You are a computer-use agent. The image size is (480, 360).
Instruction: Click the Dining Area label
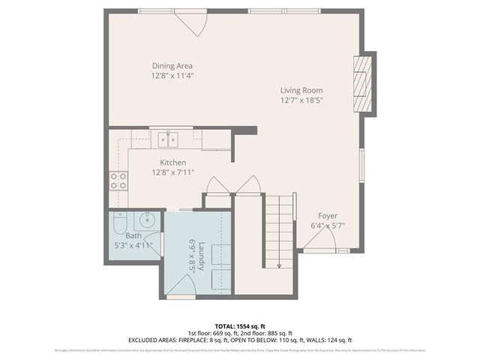click(x=172, y=65)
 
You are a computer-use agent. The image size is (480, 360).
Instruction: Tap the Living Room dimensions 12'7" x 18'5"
click(x=301, y=100)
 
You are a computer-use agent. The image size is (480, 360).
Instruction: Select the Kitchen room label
click(x=172, y=162)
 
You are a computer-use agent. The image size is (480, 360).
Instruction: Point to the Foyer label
click(x=328, y=214)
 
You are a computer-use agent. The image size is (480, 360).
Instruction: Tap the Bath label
click(x=122, y=235)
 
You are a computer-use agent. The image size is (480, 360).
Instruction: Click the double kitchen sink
click(x=167, y=138)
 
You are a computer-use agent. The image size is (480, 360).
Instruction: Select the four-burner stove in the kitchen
click(x=118, y=180)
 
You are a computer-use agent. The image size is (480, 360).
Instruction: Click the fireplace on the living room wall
click(x=363, y=82)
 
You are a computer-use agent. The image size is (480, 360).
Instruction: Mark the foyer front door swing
click(x=319, y=240)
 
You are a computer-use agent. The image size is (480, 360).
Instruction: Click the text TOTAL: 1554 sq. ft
click(x=239, y=326)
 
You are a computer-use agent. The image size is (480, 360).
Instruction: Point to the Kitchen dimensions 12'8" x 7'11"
click(x=172, y=172)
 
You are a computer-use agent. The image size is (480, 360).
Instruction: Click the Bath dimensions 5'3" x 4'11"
click(x=133, y=245)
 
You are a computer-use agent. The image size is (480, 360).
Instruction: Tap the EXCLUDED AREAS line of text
click(x=239, y=340)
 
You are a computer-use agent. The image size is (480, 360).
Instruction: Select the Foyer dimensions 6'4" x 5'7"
click(x=328, y=225)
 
